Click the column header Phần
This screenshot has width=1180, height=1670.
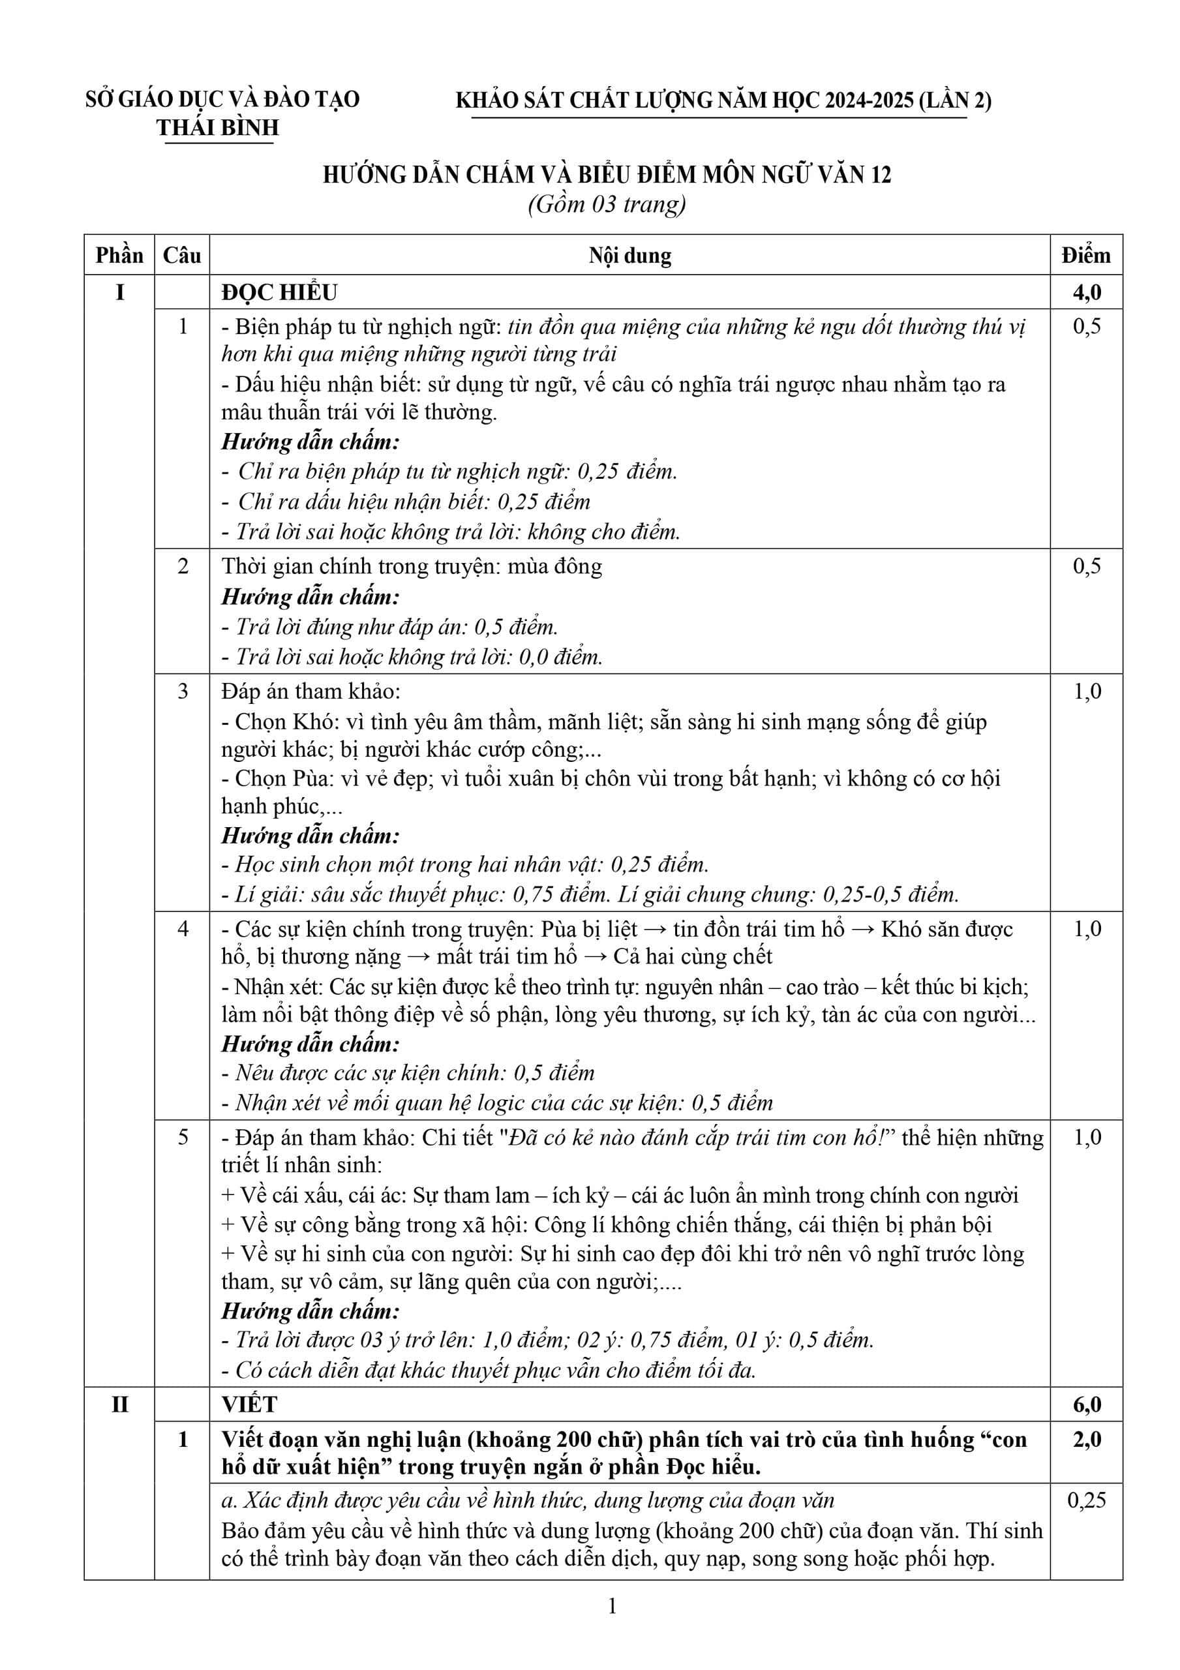coord(119,255)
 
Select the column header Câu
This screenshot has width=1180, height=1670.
coord(182,255)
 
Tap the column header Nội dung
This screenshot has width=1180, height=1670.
coord(630,255)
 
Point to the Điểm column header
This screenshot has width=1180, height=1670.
coord(1086,255)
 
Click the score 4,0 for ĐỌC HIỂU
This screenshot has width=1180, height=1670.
coord(1087,292)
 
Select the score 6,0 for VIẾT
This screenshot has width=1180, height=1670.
coord(1087,1404)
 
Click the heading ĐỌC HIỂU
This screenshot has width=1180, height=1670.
coord(280,292)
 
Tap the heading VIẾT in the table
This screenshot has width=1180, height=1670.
coord(250,1404)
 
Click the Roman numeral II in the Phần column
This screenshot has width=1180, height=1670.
coord(119,1404)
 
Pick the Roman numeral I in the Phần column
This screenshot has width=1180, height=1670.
coord(119,292)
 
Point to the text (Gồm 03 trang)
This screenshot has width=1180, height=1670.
coord(607,204)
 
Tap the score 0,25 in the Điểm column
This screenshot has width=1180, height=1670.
coord(1087,1500)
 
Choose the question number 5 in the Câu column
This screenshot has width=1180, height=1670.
coord(183,1137)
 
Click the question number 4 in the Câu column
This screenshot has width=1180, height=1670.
coord(183,929)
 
